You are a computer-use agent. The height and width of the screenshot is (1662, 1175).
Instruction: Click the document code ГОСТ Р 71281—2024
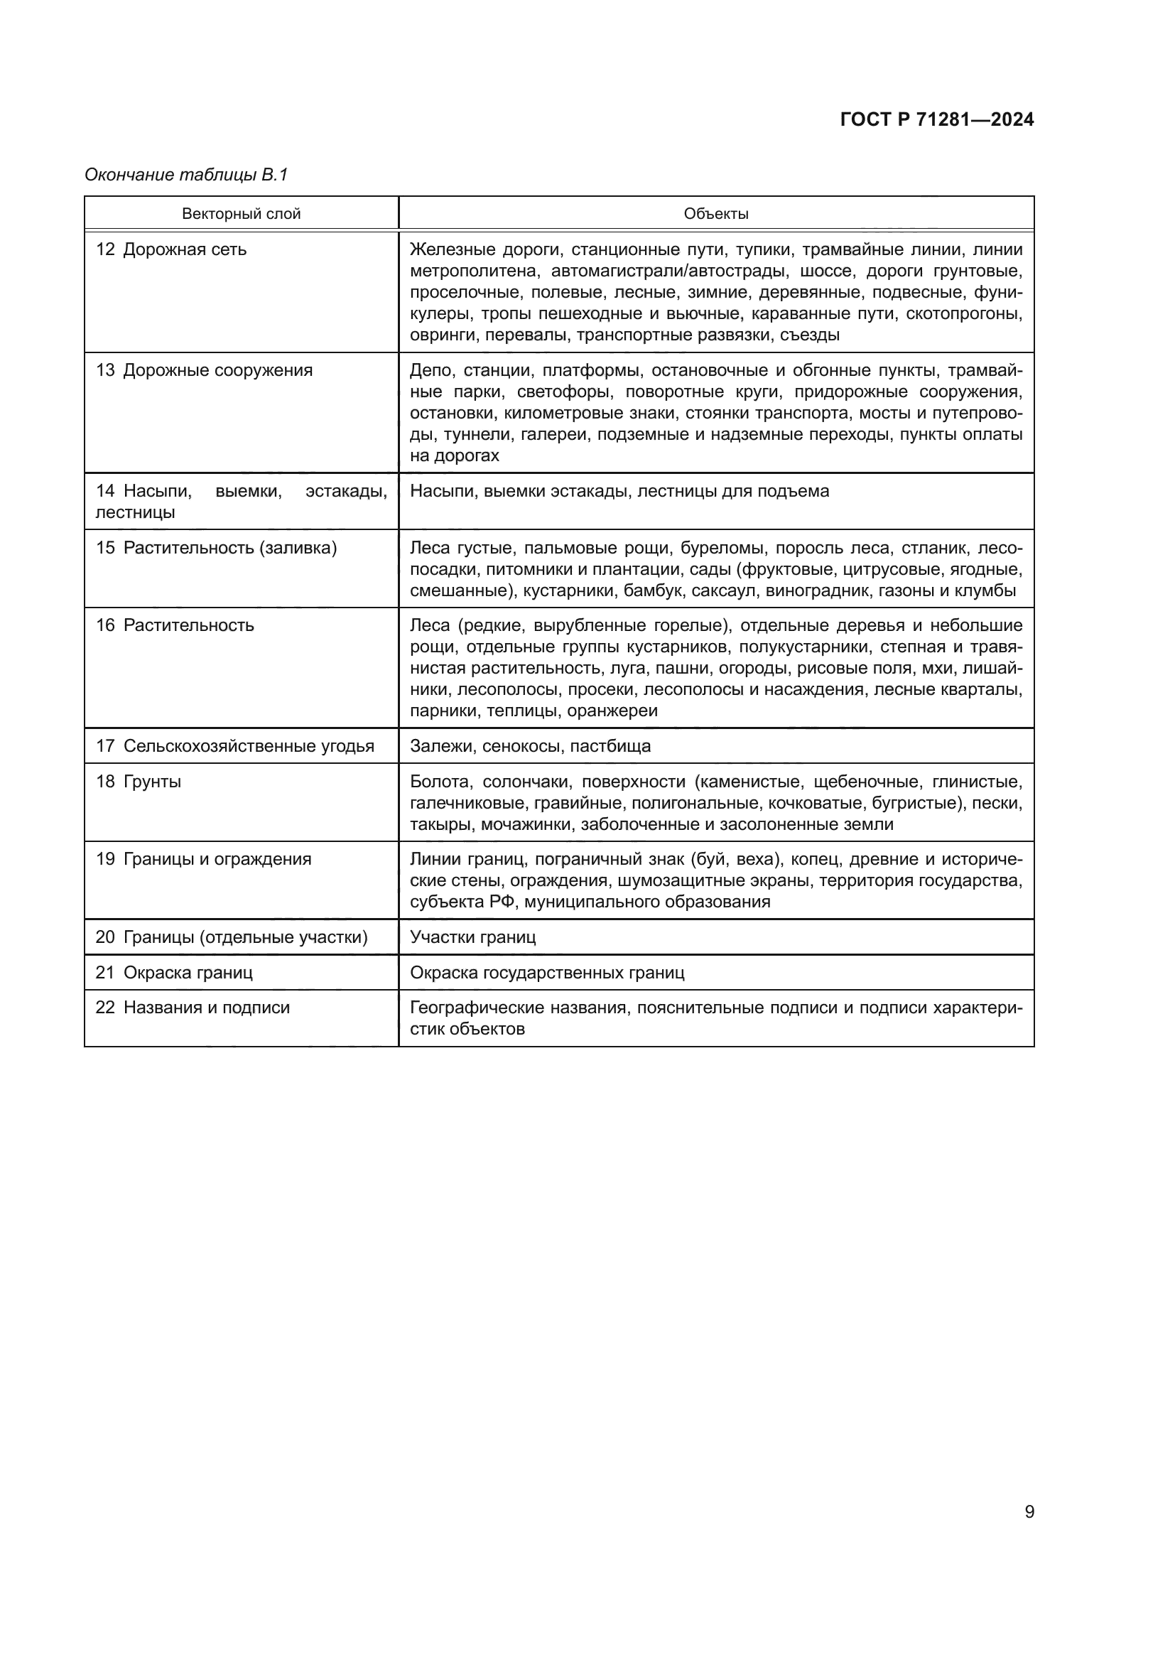[x=936, y=119]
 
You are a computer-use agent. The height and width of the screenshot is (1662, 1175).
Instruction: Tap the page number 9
[x=1029, y=1511]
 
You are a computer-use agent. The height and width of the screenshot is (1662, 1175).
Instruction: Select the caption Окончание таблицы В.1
[x=186, y=175]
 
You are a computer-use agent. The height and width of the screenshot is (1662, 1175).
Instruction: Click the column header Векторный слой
[x=241, y=214]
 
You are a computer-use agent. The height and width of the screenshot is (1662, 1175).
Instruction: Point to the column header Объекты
[x=715, y=214]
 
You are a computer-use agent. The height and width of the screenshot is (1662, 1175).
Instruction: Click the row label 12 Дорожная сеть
[x=171, y=249]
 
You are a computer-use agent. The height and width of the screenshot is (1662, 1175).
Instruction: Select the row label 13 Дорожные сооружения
[x=204, y=371]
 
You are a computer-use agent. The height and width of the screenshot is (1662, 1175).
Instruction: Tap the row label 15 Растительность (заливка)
[x=217, y=548]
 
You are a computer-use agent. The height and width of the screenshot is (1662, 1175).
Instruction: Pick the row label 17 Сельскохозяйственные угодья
[x=235, y=746]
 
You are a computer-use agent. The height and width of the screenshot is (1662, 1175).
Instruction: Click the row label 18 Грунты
[x=139, y=782]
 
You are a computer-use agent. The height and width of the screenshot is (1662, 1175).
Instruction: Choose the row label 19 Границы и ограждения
[x=203, y=859]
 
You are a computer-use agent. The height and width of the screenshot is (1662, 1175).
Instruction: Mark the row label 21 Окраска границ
[x=174, y=973]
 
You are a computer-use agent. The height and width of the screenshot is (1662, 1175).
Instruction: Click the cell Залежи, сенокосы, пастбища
[x=530, y=746]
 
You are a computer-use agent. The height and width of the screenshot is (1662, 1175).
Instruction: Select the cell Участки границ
[x=472, y=937]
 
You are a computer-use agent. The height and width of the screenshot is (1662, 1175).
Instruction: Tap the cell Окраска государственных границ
[x=547, y=973]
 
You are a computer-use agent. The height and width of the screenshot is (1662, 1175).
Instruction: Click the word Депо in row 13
[x=431, y=371]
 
